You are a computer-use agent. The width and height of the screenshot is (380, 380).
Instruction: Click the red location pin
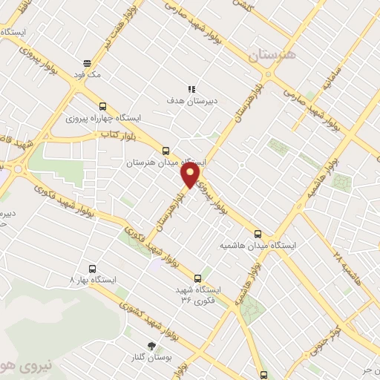click(190, 175)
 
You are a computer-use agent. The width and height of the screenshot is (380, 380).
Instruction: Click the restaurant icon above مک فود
click(88, 63)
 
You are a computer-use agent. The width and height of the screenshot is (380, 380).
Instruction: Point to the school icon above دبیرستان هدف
click(191, 88)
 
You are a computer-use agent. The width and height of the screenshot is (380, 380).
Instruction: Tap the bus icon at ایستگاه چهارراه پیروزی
click(102, 106)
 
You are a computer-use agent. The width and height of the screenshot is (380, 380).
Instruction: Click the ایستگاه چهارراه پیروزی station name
click(103, 118)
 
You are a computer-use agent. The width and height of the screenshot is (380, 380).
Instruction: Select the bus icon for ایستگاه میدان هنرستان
click(165, 150)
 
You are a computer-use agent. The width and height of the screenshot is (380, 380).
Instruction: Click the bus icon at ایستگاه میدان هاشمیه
click(258, 232)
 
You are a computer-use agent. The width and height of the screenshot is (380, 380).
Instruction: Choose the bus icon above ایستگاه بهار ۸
click(93, 269)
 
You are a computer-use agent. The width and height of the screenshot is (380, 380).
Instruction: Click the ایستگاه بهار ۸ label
click(94, 281)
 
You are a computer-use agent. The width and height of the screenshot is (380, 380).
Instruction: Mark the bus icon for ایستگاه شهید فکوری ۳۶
click(197, 278)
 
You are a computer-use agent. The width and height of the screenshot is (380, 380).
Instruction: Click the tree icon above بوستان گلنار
click(152, 346)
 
